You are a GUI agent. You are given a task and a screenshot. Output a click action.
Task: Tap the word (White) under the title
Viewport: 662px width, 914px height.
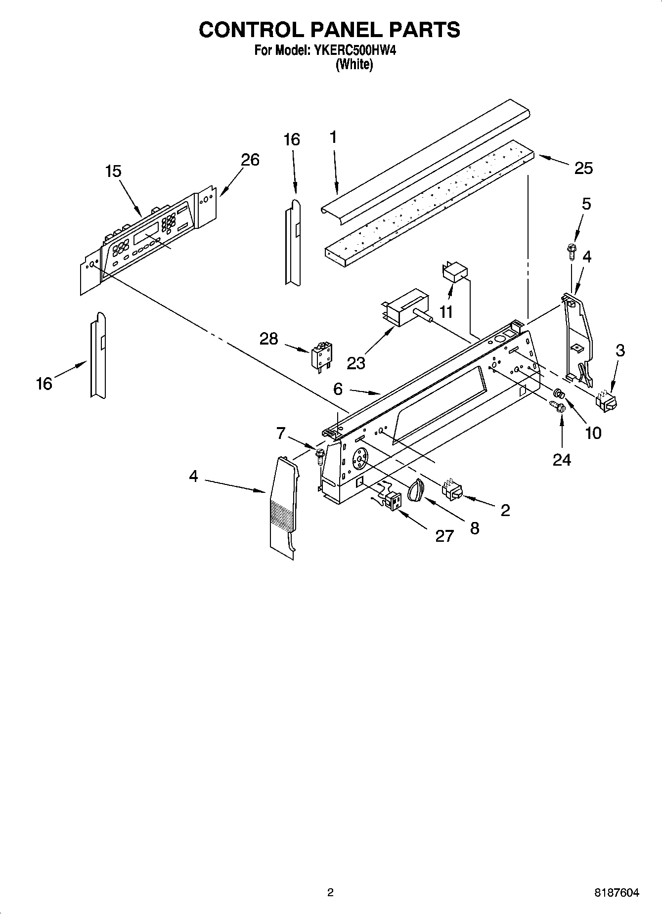pos(354,64)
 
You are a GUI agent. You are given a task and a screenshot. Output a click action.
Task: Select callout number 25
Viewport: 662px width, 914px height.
pos(583,168)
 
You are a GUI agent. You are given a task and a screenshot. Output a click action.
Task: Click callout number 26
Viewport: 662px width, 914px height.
pos(250,160)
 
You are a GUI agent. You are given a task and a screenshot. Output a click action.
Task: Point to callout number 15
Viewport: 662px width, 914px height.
pos(113,171)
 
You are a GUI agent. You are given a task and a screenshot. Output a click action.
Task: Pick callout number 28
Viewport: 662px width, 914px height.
pos(269,339)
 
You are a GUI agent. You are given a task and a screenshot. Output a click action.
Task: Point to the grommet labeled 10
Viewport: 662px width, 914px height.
pos(559,394)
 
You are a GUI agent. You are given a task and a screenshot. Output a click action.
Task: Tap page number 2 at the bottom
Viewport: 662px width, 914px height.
pos(330,893)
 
